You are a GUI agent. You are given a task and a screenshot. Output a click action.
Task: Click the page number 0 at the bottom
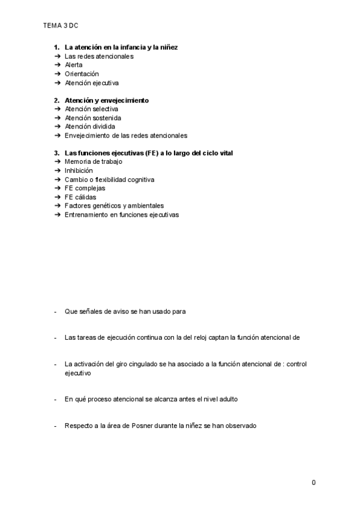(x=314, y=483)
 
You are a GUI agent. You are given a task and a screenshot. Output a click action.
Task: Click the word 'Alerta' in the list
(x=74, y=65)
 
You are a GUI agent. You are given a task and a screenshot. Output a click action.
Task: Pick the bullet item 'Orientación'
(x=82, y=74)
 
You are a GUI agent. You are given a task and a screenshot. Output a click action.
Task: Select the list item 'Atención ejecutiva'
(x=92, y=83)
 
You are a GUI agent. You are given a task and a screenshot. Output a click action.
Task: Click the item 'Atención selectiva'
(x=91, y=109)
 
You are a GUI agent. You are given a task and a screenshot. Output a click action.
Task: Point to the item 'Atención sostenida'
(x=92, y=118)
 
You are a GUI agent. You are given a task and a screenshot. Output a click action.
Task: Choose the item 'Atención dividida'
(x=90, y=127)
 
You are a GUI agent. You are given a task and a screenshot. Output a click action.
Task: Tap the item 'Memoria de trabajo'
(x=94, y=162)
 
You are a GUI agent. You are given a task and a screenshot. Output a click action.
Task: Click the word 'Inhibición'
(x=79, y=170)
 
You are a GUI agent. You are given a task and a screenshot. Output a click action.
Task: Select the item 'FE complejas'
(x=85, y=188)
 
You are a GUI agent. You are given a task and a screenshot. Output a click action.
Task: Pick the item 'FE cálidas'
(x=80, y=197)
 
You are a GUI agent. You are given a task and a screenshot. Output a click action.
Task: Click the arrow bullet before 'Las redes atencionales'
(x=57, y=56)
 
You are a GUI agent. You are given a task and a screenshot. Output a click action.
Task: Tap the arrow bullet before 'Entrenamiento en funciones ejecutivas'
(x=57, y=215)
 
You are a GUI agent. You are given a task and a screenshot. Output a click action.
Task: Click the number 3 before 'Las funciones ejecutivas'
(x=56, y=153)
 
